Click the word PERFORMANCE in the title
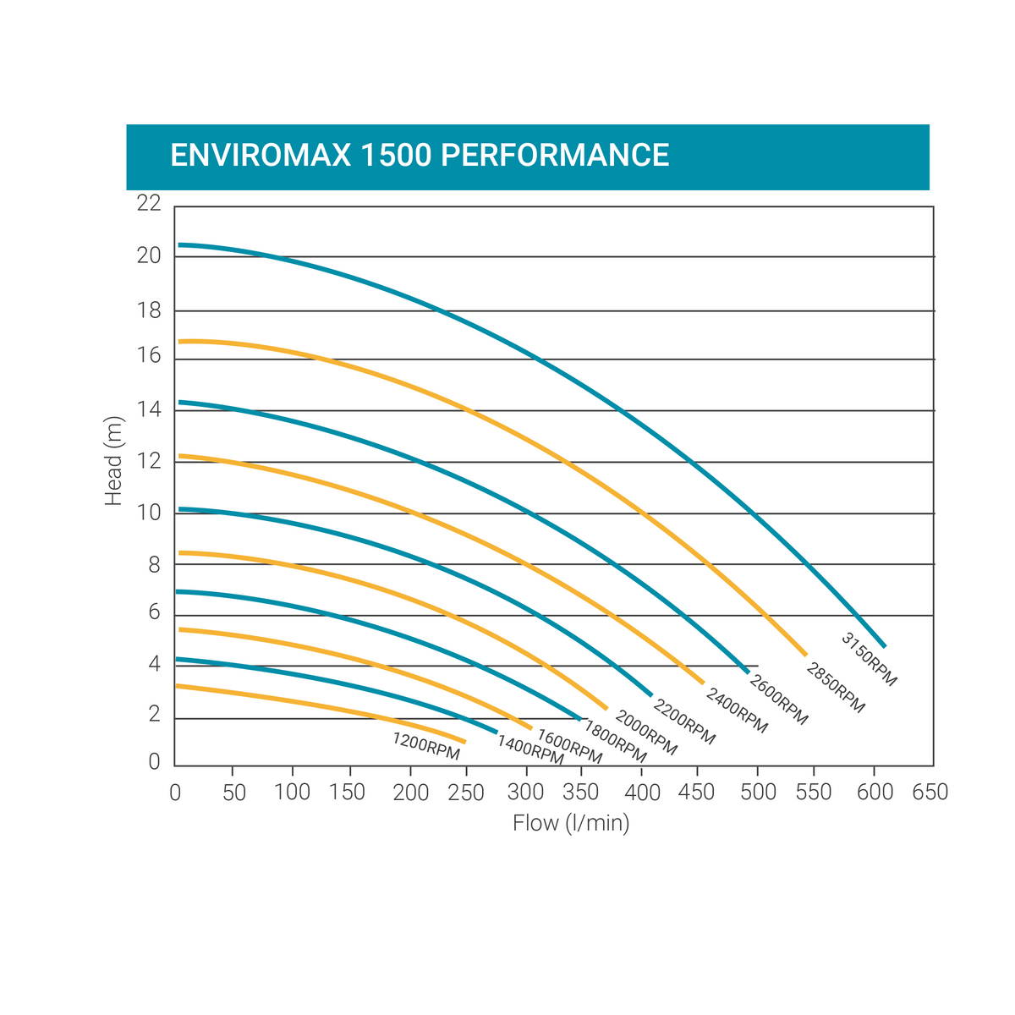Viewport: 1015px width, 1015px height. pos(556,156)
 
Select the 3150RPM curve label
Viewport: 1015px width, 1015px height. pos(869,659)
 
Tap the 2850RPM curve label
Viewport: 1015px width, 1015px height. pos(836,688)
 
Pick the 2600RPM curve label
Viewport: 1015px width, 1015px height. pos(779,700)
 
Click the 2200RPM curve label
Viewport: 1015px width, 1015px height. pos(684,721)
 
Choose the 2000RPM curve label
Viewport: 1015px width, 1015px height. pos(646,732)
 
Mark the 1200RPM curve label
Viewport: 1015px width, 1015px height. pos(425,745)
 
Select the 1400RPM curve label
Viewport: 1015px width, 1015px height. pos(530,750)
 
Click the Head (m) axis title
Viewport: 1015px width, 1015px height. pos(113,462)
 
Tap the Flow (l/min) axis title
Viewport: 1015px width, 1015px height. pos(571,823)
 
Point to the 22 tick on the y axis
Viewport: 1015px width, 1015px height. pos(148,204)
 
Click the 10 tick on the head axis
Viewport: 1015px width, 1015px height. pos(148,513)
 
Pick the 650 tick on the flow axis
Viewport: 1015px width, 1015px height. pos(930,793)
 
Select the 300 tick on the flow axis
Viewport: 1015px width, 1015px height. pos(526,793)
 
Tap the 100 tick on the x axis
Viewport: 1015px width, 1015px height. pos(293,793)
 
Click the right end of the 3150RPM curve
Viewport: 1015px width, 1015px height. pos(884,646)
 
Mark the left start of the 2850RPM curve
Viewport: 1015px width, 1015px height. pos(180,342)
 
